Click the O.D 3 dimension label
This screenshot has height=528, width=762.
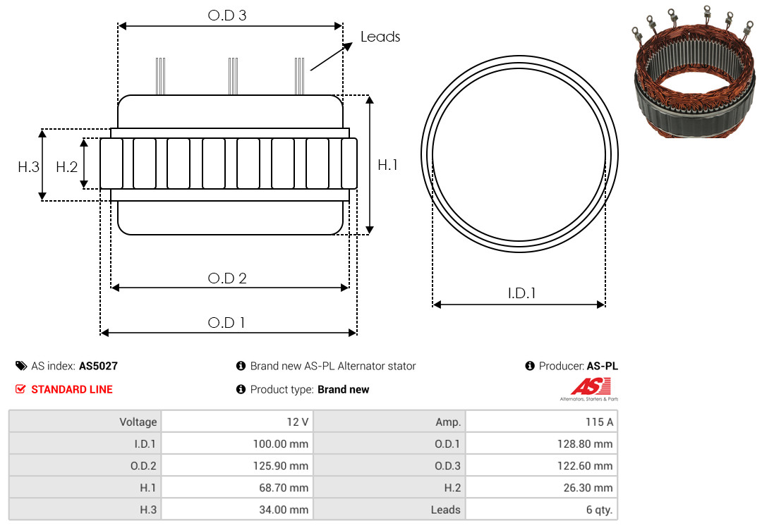tap(227, 16)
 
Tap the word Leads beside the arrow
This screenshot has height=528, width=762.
tap(380, 37)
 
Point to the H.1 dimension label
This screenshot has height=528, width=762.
tap(387, 165)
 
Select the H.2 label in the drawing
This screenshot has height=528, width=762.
tap(66, 167)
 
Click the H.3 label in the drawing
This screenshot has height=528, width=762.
tap(28, 167)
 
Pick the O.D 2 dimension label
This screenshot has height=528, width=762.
tap(227, 278)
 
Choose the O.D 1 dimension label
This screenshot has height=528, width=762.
tap(226, 323)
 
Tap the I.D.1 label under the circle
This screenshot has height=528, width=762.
tap(521, 293)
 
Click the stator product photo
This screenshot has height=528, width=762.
tap(695, 73)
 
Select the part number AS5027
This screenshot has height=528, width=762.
tap(98, 367)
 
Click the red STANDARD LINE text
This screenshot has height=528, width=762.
tap(72, 390)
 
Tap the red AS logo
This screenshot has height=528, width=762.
tap(591, 386)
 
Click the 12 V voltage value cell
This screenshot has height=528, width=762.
tap(237, 422)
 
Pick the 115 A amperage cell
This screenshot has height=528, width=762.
tap(541, 422)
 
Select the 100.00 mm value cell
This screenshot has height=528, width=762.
tap(237, 443)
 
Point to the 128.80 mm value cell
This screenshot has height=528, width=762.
tap(541, 443)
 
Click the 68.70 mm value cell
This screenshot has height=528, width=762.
tap(237, 487)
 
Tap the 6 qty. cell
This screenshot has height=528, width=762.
tap(541, 509)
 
